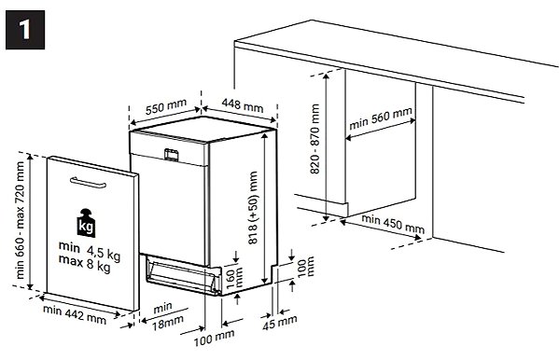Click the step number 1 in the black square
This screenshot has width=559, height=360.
[24, 30]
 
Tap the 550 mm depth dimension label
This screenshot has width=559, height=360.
[166, 106]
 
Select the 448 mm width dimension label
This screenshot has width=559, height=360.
[243, 104]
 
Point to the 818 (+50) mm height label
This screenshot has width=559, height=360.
[253, 207]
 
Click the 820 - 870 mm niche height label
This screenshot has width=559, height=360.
[314, 139]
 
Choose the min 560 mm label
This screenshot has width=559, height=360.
[381, 118]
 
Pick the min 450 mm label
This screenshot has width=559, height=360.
[393, 224]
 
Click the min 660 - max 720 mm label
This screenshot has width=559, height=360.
[20, 220]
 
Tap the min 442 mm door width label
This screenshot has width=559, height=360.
[75, 314]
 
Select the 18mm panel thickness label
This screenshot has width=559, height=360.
[168, 323]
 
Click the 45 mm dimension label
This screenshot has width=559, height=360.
[280, 323]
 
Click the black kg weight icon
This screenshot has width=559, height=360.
[86, 223]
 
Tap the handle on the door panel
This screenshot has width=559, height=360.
[88, 183]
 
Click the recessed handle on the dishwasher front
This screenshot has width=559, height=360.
[171, 155]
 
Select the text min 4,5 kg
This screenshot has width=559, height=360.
[90, 251]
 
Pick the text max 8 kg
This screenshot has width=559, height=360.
[85, 263]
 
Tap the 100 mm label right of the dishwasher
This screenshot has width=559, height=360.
[305, 267]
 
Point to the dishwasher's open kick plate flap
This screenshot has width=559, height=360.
[183, 274]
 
